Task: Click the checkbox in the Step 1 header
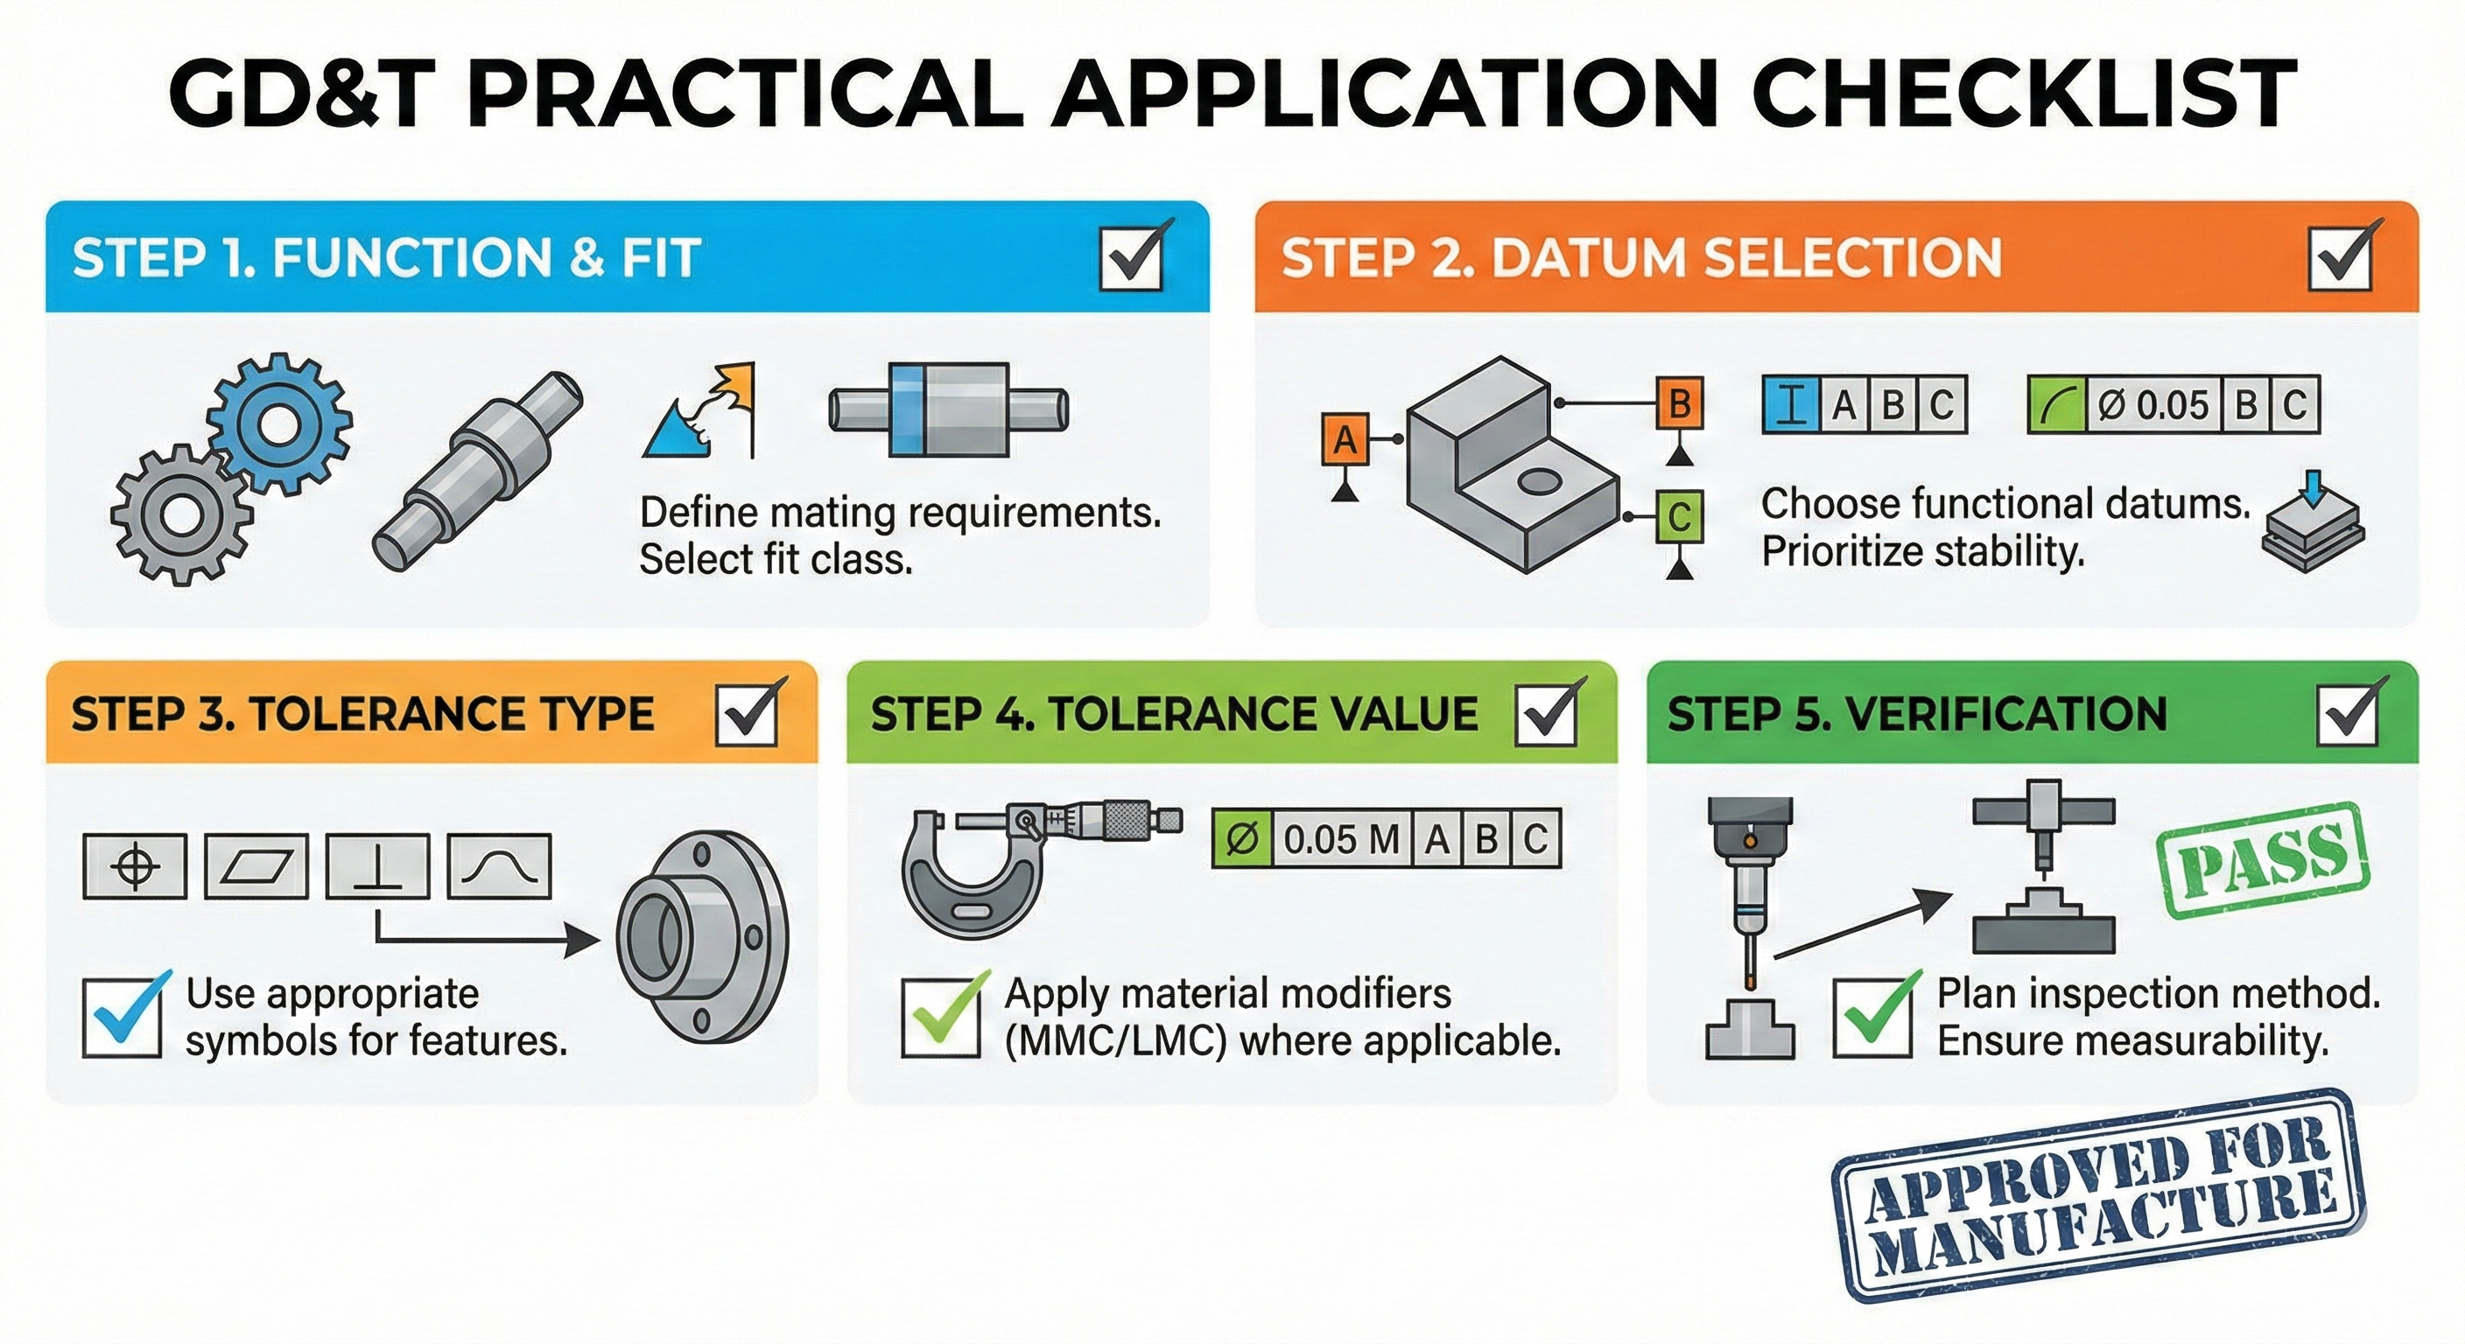coord(1131,257)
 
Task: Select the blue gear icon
coord(278,423)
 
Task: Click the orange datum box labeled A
coord(1345,440)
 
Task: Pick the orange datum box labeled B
coord(1680,403)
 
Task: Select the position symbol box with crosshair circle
coord(135,866)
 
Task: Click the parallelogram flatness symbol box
coord(256,866)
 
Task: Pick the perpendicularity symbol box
coord(377,866)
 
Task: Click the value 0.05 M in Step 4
coord(1339,840)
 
